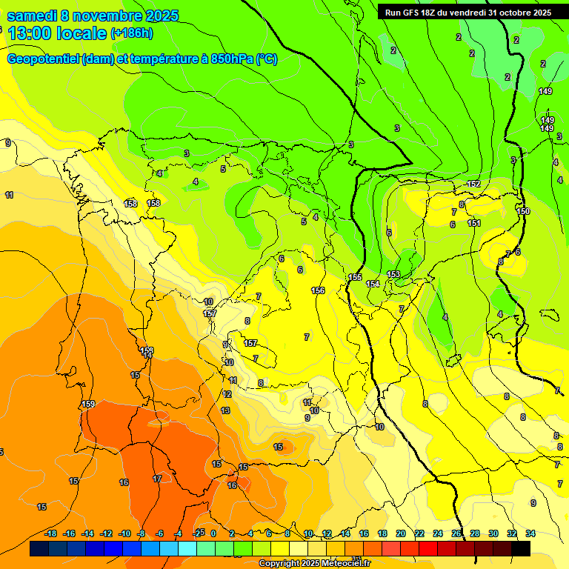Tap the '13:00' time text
tap(30, 33)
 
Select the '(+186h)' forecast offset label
tap(132, 33)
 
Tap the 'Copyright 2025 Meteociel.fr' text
tap(314, 564)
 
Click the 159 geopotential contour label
tap(88, 404)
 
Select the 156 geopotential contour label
tap(318, 290)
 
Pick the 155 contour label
tap(355, 277)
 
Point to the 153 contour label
tap(393, 274)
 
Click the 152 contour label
tap(473, 184)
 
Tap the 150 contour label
tap(523, 211)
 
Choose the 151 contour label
tap(474, 223)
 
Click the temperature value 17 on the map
tap(157, 479)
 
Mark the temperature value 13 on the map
tap(225, 410)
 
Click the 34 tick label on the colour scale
tap(530, 533)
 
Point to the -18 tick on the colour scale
tap(51, 533)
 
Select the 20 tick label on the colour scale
tap(400, 533)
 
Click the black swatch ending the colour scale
tap(521, 548)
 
